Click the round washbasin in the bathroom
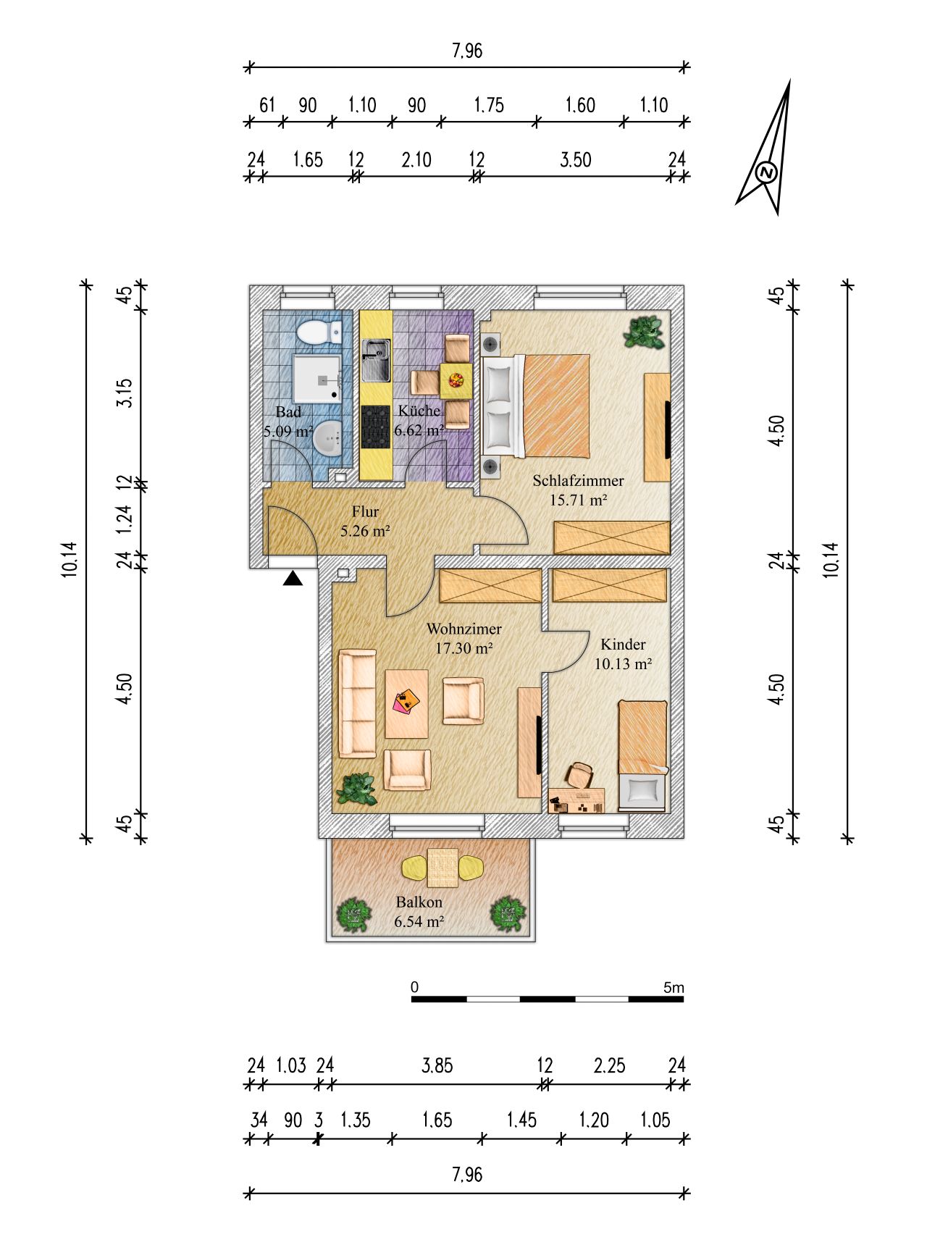point(330,437)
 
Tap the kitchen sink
point(376,361)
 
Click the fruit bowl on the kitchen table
point(456,380)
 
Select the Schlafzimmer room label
point(578,480)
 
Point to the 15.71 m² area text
point(578,499)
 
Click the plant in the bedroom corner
point(645,332)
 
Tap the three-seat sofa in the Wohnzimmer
point(358,703)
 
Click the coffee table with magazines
point(407,703)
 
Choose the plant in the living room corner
point(357,789)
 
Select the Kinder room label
point(623,645)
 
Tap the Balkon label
point(419,902)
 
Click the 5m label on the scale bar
point(674,987)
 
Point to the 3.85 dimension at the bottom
point(437,1065)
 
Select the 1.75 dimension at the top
point(489,105)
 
